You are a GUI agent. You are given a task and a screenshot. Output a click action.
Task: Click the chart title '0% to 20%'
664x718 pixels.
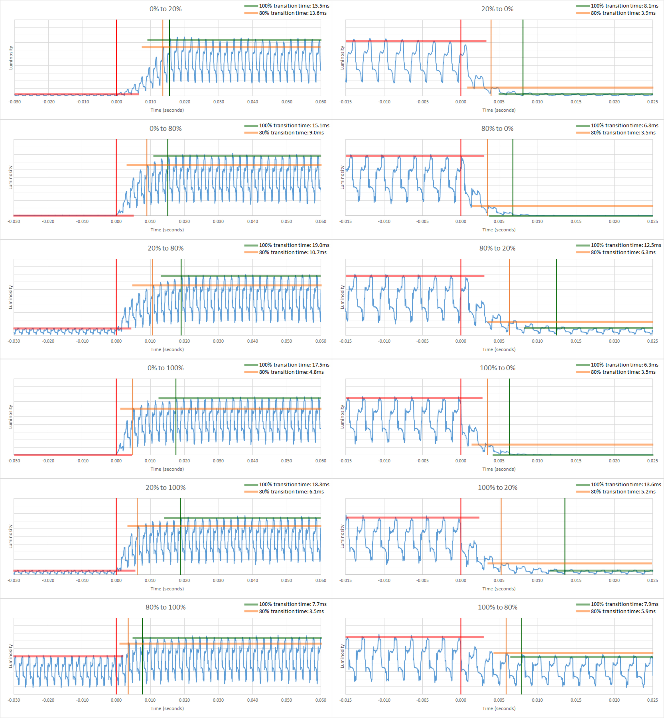(166, 9)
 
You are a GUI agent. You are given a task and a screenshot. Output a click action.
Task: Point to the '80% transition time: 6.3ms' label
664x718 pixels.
(623, 252)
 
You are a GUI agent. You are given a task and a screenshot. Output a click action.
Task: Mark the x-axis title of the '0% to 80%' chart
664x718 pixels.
(167, 230)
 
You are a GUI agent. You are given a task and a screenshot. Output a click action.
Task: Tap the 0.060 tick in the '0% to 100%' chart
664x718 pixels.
(321, 461)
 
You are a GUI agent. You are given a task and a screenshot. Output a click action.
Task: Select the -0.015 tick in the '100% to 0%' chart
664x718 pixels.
(346, 461)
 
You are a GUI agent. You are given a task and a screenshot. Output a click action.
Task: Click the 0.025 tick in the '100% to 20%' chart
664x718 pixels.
(653, 580)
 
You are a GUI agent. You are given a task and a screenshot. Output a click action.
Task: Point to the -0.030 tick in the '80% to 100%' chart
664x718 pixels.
(14, 700)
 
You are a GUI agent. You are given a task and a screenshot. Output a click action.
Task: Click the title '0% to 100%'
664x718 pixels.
(166, 368)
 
